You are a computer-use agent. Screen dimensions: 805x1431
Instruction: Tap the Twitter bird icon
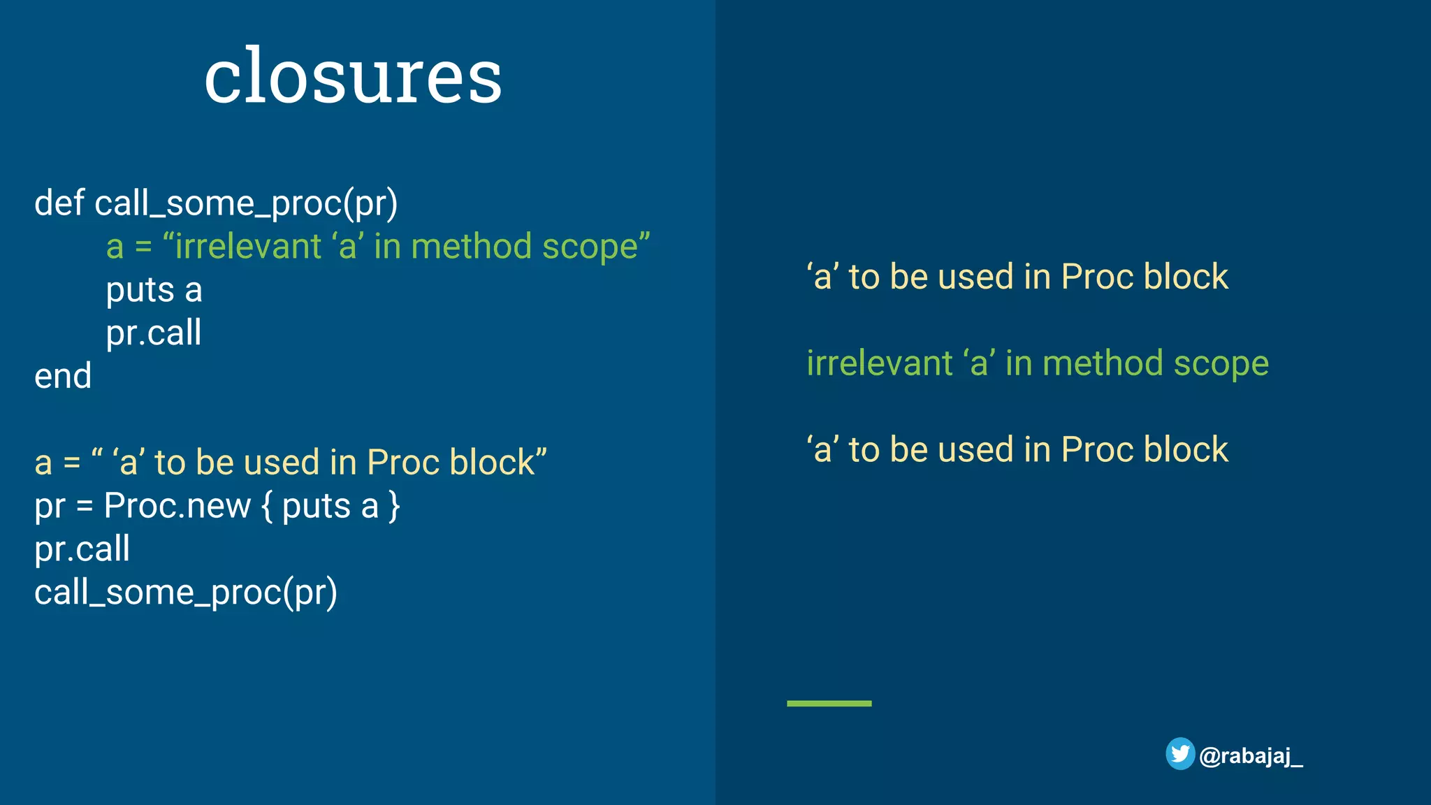coord(1179,754)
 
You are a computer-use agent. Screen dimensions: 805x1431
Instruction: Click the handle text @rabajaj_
coord(1251,755)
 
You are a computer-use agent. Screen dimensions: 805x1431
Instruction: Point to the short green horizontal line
coord(829,703)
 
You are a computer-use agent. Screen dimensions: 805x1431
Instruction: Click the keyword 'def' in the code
coord(59,203)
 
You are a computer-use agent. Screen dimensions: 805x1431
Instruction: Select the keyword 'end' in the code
coord(63,377)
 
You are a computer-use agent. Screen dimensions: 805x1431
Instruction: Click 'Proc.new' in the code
coord(177,505)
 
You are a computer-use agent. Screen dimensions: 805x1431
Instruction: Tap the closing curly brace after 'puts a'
coord(395,506)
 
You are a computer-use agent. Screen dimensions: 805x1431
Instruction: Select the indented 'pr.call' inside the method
coord(153,333)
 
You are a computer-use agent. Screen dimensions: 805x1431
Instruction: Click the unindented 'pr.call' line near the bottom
coord(82,549)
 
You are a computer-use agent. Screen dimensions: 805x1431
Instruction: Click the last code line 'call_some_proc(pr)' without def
coord(185,593)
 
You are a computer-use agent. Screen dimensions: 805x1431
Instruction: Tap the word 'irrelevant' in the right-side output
coord(879,363)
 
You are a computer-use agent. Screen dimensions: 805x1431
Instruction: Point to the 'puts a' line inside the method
coord(154,290)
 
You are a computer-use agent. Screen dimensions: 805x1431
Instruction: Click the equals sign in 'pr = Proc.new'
coord(85,506)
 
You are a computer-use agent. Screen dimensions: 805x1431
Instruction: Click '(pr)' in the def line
coord(371,203)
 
